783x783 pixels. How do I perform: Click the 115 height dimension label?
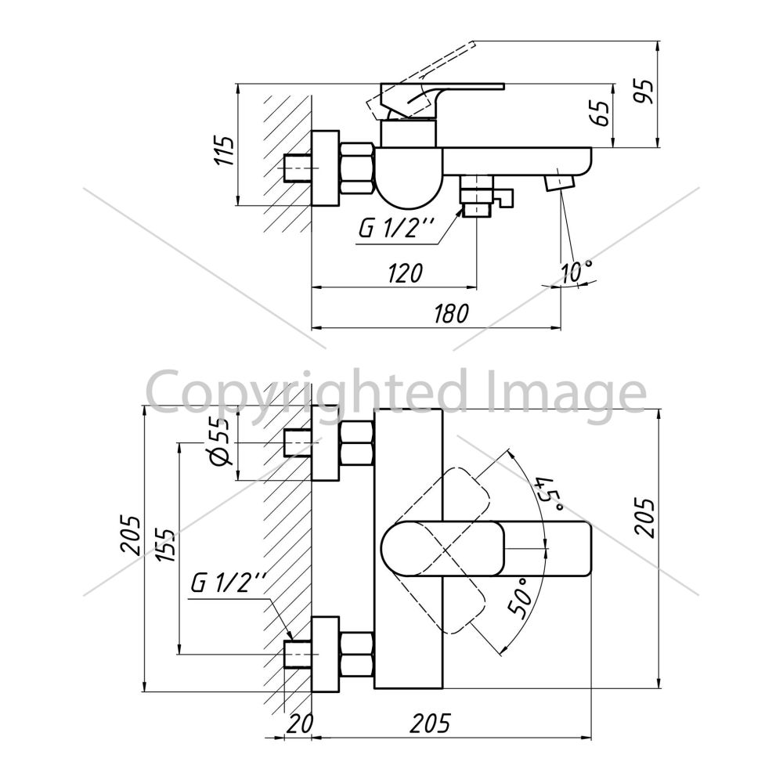(x=225, y=151)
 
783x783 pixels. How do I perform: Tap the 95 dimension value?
(x=643, y=91)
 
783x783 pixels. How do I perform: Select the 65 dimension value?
(x=601, y=114)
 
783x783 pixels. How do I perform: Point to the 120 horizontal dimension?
(x=404, y=272)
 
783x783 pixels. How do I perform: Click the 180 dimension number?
(x=452, y=314)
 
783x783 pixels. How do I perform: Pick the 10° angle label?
(x=577, y=272)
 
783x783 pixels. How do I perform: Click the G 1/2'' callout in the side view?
(x=396, y=229)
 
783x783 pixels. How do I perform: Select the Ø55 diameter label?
(x=222, y=440)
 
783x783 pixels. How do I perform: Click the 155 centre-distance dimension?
(x=167, y=545)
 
